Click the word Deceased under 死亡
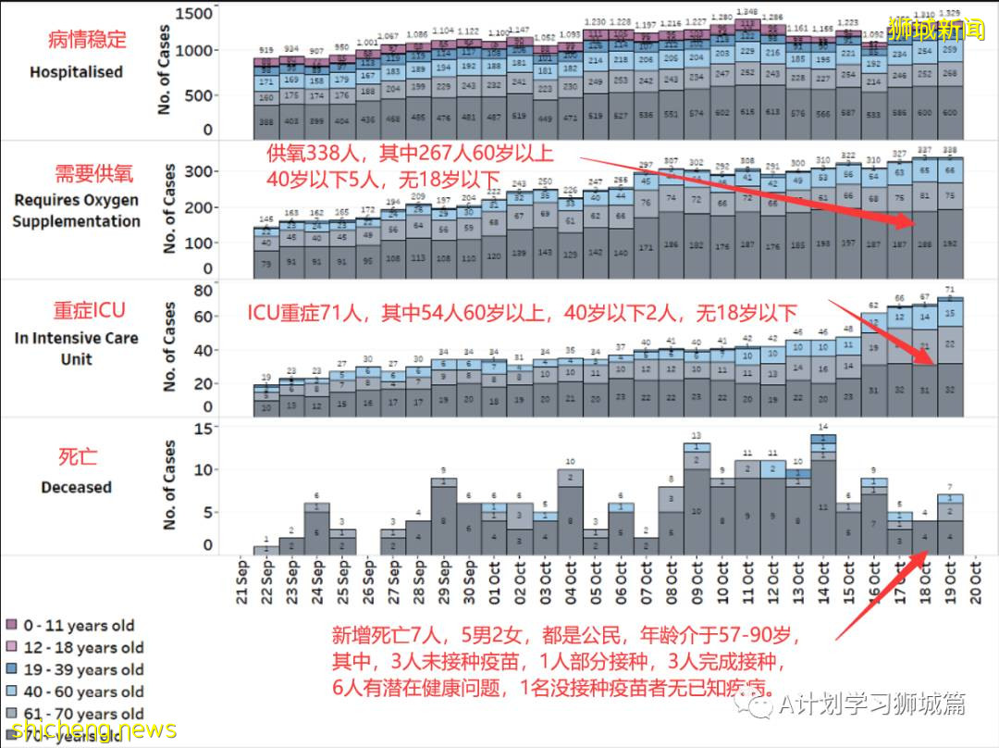coord(76,487)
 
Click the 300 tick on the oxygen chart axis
coord(200,172)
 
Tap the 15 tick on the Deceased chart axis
coord(204,430)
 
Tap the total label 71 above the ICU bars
coord(950,290)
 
